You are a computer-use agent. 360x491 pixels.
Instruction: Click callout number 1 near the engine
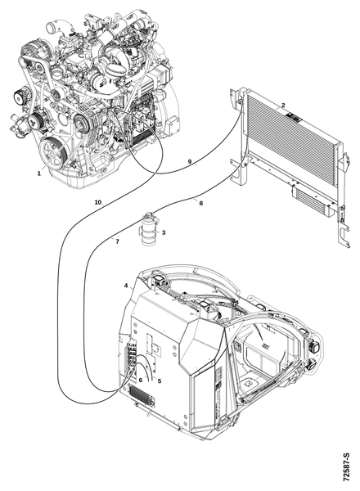point(39,173)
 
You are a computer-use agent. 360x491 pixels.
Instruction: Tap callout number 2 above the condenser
point(283,105)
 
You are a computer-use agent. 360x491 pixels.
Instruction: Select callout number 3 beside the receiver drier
point(164,232)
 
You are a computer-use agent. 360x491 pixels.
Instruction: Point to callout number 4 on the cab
point(126,286)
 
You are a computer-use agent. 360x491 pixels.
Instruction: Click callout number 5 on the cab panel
point(160,381)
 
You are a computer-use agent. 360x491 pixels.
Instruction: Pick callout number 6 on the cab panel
point(141,380)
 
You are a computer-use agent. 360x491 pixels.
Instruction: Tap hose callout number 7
point(117,241)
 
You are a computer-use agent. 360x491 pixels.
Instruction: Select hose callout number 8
point(201,203)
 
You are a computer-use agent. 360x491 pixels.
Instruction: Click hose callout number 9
point(190,161)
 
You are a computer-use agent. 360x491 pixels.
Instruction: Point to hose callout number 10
point(98,202)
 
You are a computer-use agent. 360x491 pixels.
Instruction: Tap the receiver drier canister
point(148,231)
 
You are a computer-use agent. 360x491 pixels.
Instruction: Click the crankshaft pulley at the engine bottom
point(52,153)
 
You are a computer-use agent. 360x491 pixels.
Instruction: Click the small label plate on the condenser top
point(294,119)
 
